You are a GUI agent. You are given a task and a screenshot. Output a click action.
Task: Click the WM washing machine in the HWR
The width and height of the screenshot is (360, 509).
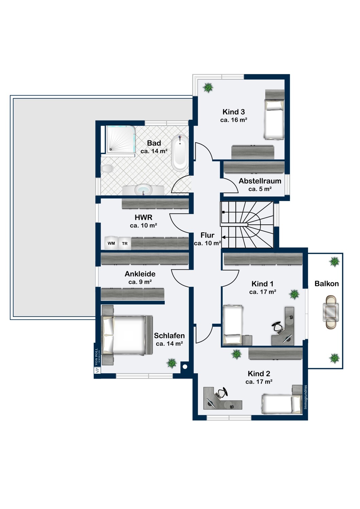[111, 243]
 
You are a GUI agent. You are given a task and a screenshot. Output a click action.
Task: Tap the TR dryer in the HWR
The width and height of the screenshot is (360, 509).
[125, 244]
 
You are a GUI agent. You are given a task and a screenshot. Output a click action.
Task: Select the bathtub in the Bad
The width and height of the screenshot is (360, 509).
[180, 153]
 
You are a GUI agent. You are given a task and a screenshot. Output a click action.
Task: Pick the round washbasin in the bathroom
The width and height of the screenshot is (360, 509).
[143, 189]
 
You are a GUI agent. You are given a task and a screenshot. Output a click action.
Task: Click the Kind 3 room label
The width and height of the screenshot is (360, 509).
[234, 112]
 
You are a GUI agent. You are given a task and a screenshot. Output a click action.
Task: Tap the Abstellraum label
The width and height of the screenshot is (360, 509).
[260, 181]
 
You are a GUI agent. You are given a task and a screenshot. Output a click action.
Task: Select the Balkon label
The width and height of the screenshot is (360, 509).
[327, 284]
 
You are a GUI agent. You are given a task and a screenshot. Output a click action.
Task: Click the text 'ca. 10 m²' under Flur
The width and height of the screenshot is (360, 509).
[208, 243]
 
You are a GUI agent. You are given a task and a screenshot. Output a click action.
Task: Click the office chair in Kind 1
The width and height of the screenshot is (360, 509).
[277, 328]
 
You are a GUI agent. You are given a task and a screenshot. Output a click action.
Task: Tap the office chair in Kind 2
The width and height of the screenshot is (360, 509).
[222, 392]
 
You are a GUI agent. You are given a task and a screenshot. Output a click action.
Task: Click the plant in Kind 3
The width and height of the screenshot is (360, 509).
[208, 88]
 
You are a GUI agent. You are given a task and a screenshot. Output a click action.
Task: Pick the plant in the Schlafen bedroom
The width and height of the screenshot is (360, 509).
[172, 363]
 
